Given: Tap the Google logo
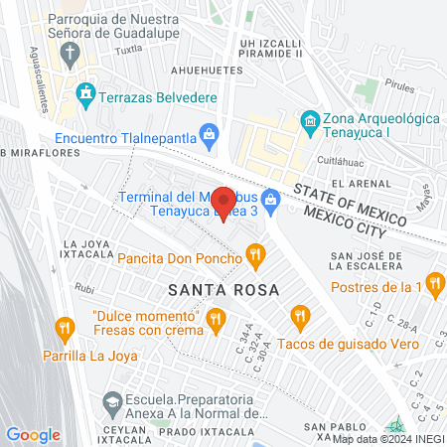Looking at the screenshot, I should tap(33, 434).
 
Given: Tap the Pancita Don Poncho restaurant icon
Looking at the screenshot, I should tap(256, 257).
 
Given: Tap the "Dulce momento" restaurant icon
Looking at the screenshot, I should tap(215, 318).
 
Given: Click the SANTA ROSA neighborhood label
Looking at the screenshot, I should tap(223, 289).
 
